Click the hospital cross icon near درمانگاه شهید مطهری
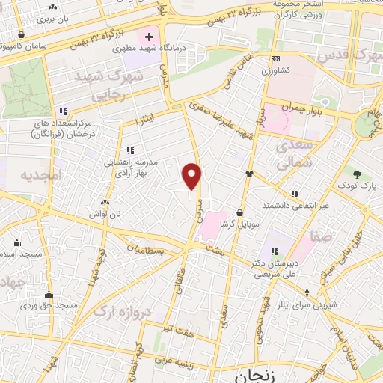(x=149, y=36)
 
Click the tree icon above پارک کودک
(x=360, y=173)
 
